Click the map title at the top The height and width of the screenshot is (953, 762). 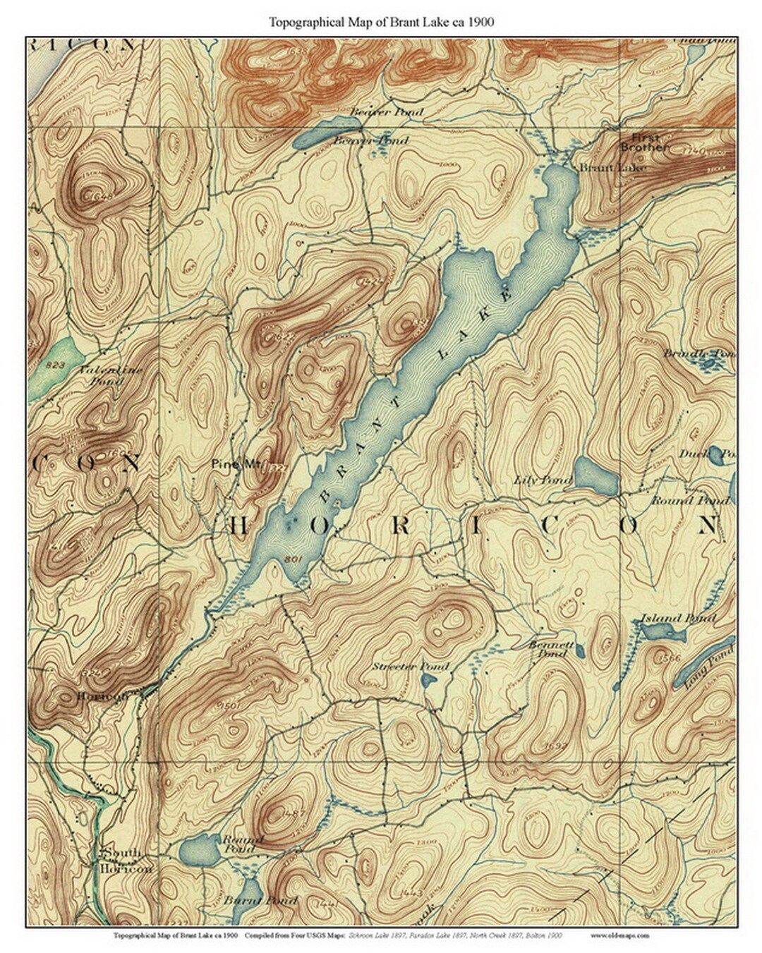pos(381,22)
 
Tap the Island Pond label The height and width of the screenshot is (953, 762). pos(677,619)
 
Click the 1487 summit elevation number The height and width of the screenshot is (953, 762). pos(294,813)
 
